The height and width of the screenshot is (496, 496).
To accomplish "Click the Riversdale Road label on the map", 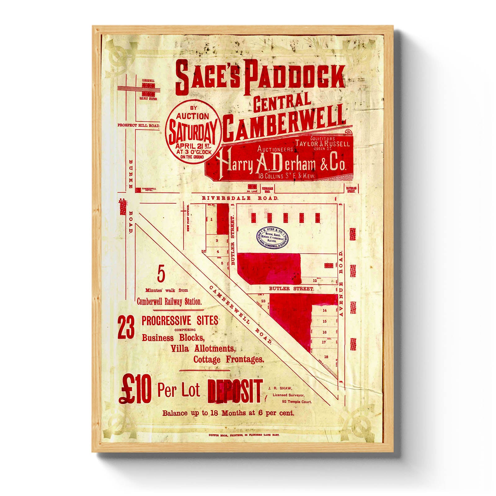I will coord(240,198).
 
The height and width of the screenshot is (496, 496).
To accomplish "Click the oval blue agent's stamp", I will coord(272,237).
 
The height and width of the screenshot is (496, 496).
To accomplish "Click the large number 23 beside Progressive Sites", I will coord(126,329).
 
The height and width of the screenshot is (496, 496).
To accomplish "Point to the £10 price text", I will coord(135,392).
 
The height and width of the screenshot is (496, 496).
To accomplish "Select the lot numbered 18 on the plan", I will coord(326,357).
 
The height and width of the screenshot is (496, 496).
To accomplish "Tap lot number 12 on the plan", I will coord(315,281).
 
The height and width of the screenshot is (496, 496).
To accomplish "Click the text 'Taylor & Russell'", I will coord(322,144).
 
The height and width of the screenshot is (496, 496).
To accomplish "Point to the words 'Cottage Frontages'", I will coord(229,360).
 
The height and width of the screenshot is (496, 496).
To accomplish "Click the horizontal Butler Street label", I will coord(291,289).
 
